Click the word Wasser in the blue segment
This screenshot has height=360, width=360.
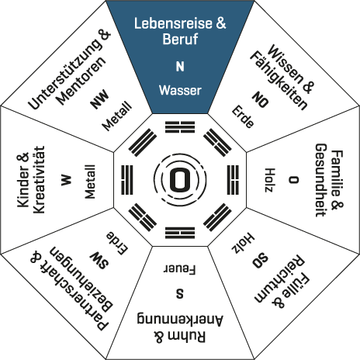pos(180,90)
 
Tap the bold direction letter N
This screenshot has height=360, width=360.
pos(180,67)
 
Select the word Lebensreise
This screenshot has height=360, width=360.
pos(173,23)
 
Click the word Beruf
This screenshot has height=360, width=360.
pos(180,39)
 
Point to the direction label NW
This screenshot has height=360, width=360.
pos(99,99)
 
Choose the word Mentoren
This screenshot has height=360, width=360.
pos(81,81)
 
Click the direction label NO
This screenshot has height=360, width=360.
pos(261,99)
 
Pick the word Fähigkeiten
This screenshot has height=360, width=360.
pos(279,81)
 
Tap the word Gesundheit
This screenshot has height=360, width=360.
pos(321,180)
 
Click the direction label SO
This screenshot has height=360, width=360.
pos(261,261)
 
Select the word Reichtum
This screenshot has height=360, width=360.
pos(279,279)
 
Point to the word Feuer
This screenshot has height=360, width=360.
pos(179,269)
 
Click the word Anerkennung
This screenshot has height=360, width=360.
pos(180,320)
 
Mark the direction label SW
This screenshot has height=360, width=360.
pos(99,261)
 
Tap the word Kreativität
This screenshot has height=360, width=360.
pos(40,180)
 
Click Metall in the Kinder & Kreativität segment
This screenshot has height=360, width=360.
pos(90,182)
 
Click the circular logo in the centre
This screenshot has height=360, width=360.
pos(180,180)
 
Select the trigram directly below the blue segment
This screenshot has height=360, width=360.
pos(180,127)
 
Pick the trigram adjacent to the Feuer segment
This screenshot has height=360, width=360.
pos(180,233)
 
